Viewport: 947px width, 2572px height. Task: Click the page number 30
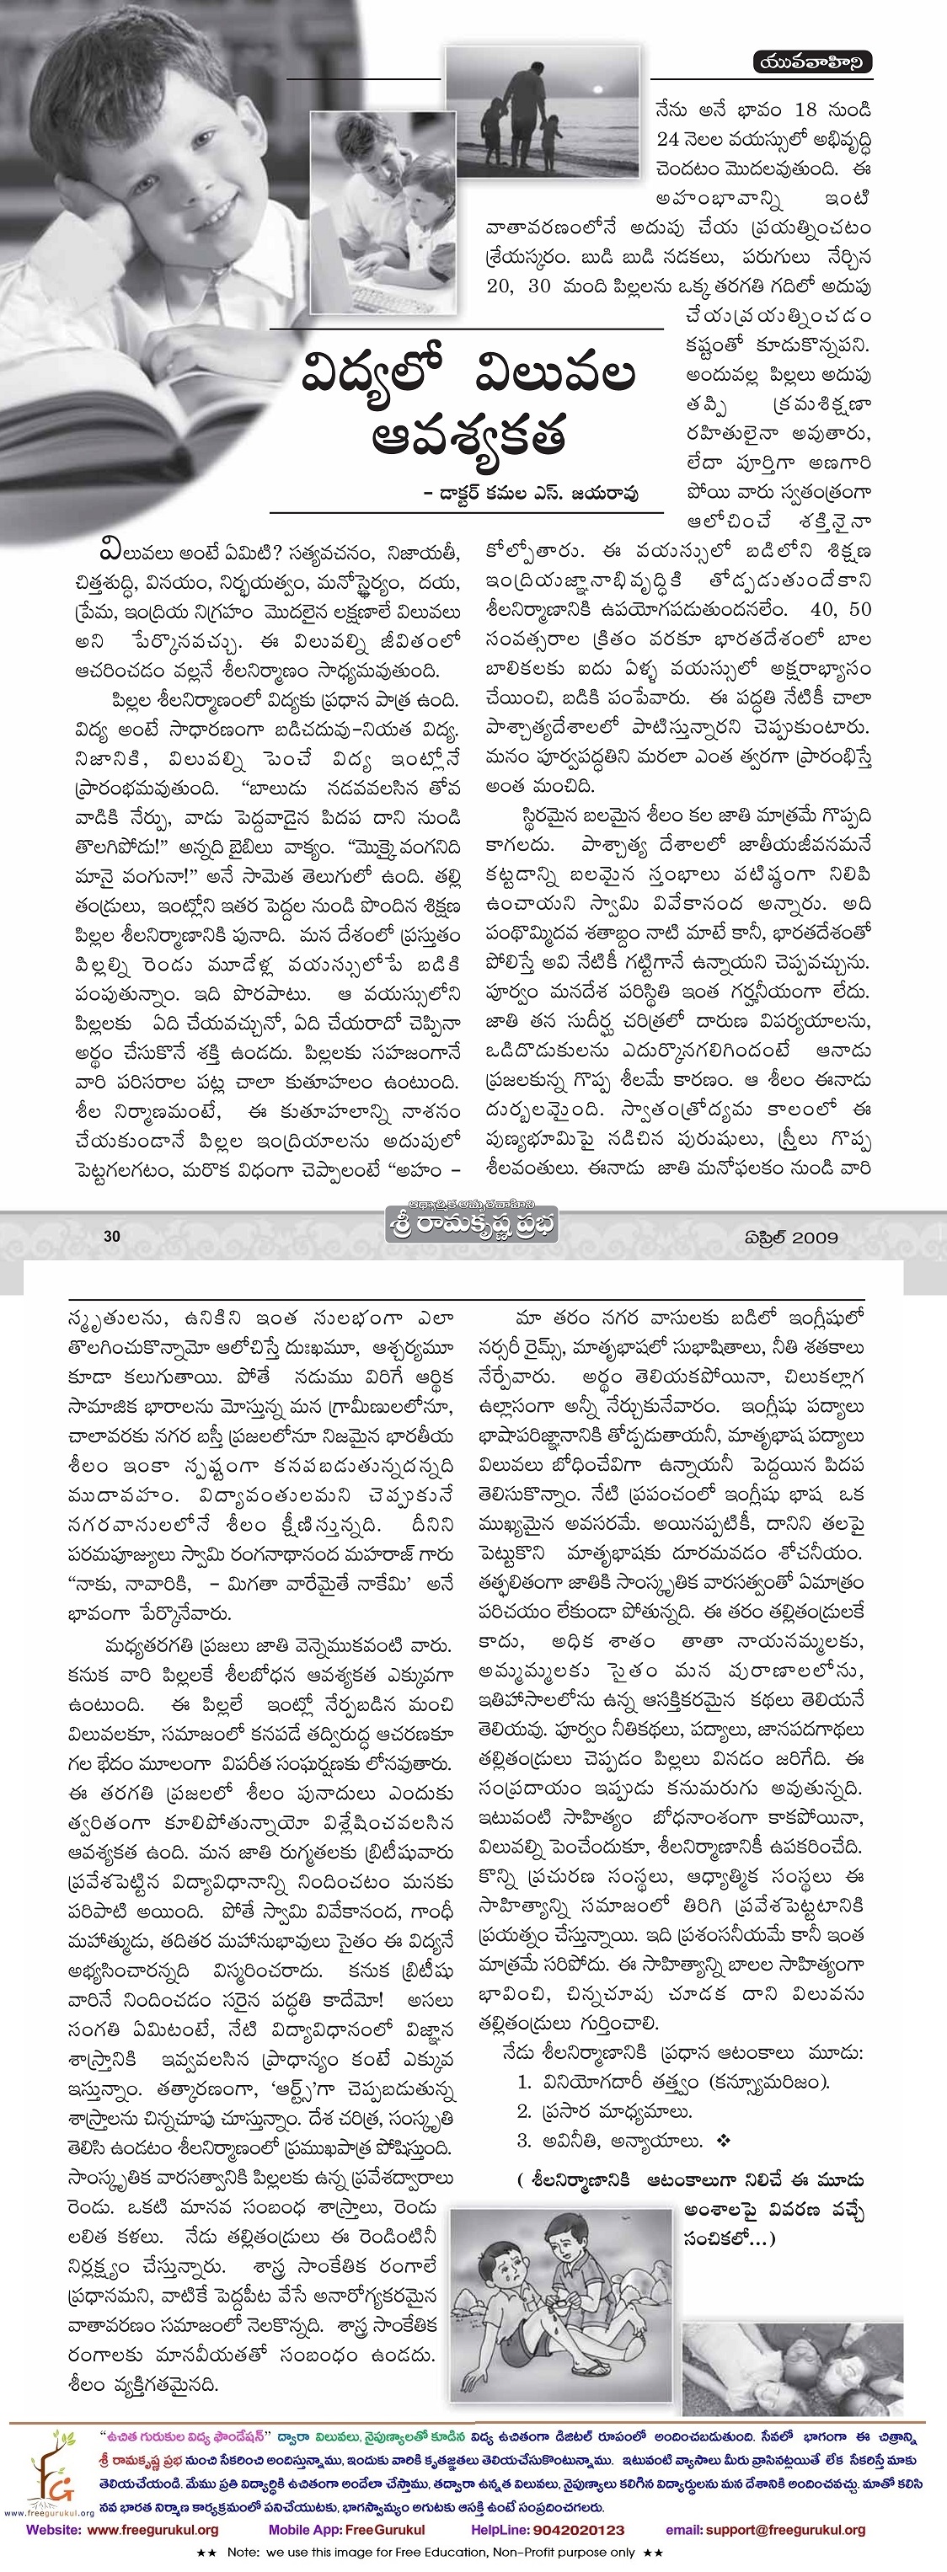[x=112, y=1236]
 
